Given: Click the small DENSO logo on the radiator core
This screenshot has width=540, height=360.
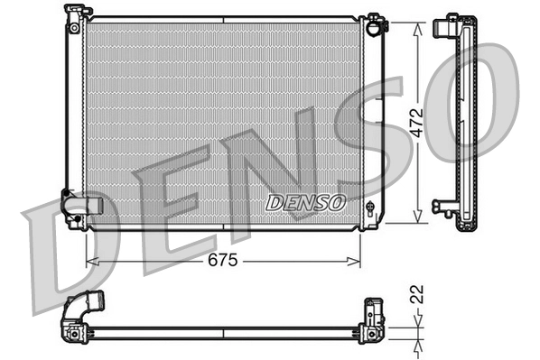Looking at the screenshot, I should (305, 202).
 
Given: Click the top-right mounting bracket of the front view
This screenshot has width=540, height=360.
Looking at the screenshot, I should (377, 23).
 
